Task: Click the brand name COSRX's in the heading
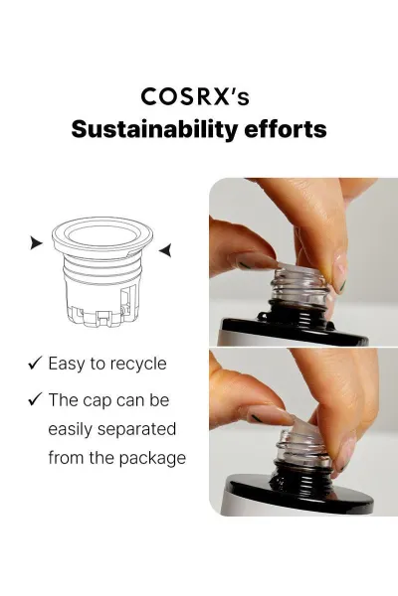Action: click(195, 97)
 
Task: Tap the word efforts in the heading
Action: click(285, 129)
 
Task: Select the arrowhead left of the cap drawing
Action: click(36, 242)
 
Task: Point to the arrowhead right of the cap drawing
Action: click(165, 250)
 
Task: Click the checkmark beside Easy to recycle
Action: click(35, 363)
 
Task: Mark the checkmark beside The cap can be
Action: click(35, 398)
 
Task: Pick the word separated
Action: click(136, 429)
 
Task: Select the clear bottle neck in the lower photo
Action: click(303, 446)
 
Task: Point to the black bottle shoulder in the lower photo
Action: click(300, 493)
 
